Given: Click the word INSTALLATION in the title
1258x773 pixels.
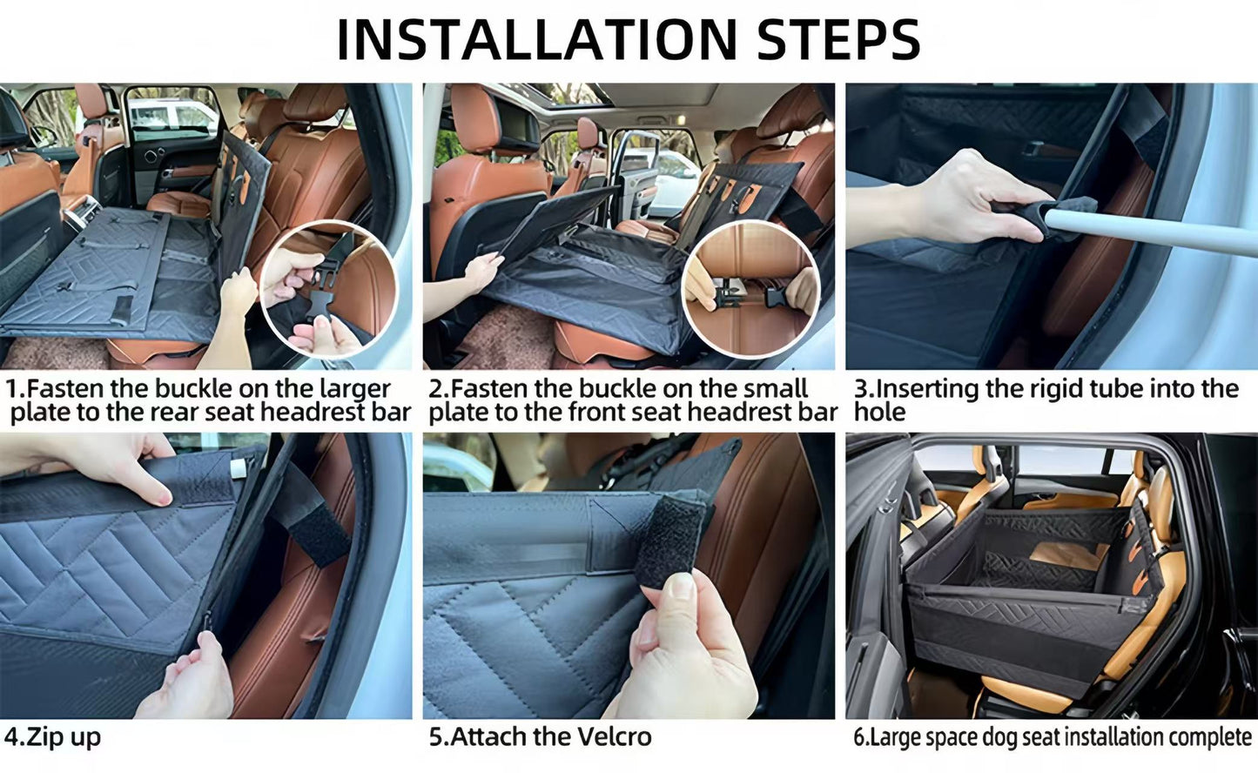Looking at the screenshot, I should tap(536, 39).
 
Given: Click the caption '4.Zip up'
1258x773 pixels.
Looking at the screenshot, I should tap(52, 736).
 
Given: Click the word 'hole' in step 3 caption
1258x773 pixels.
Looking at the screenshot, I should tap(879, 412).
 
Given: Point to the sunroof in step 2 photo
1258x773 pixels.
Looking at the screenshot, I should tap(566, 94).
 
